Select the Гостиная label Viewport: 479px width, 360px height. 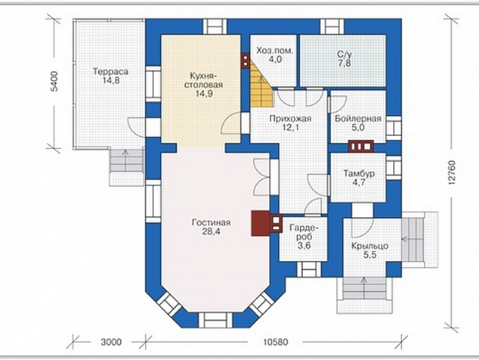click(211, 222)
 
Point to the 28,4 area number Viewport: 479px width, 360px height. click(211, 231)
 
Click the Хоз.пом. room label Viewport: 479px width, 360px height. click(274, 51)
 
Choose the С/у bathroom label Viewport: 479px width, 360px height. click(345, 54)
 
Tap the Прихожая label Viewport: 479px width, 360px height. click(290, 119)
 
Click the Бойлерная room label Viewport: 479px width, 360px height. click(358, 119)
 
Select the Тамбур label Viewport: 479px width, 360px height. click(360, 174)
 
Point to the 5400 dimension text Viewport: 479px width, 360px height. click(54, 82)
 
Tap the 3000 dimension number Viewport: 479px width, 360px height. click(111, 342)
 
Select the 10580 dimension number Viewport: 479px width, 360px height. click(276, 342)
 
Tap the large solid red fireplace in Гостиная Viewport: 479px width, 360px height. click(260, 223)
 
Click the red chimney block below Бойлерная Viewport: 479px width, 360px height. click(361, 146)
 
